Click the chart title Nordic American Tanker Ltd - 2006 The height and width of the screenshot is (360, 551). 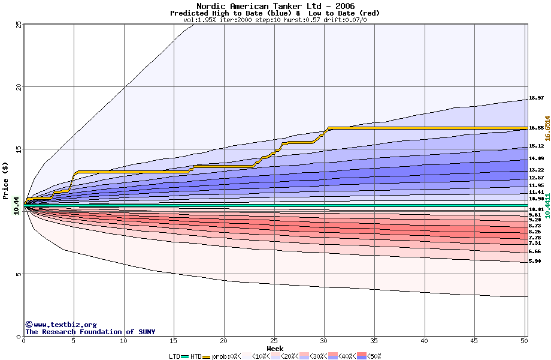click(x=275, y=6)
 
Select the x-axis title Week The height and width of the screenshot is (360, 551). click(x=275, y=348)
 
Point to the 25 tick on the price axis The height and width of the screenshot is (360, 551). click(x=19, y=25)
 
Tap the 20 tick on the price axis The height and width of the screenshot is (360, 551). click(x=19, y=87)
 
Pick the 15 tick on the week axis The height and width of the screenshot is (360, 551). click(x=174, y=341)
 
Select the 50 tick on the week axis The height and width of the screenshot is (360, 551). click(x=525, y=341)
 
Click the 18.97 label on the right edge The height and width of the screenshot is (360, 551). click(x=536, y=98)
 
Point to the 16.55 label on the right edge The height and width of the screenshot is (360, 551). click(x=536, y=128)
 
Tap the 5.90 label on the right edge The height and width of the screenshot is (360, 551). click(x=535, y=261)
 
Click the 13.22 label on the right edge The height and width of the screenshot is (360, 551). click(x=536, y=170)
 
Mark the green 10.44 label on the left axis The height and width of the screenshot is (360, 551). click(x=17, y=205)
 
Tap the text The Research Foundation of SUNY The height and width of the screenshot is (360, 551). click(x=90, y=332)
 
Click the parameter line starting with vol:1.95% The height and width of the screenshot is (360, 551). click(x=275, y=20)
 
